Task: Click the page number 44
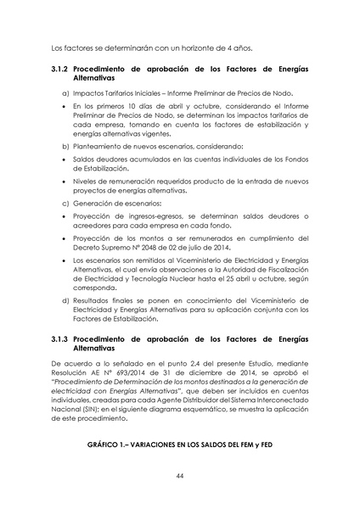coord(180,477)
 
